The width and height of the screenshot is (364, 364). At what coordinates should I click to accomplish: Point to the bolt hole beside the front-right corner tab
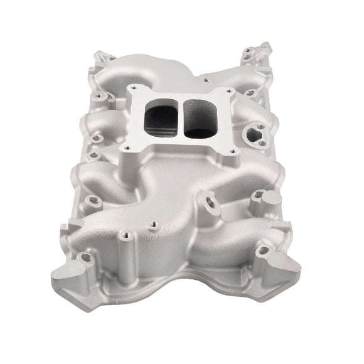pyautogui.click(x=263, y=250)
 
